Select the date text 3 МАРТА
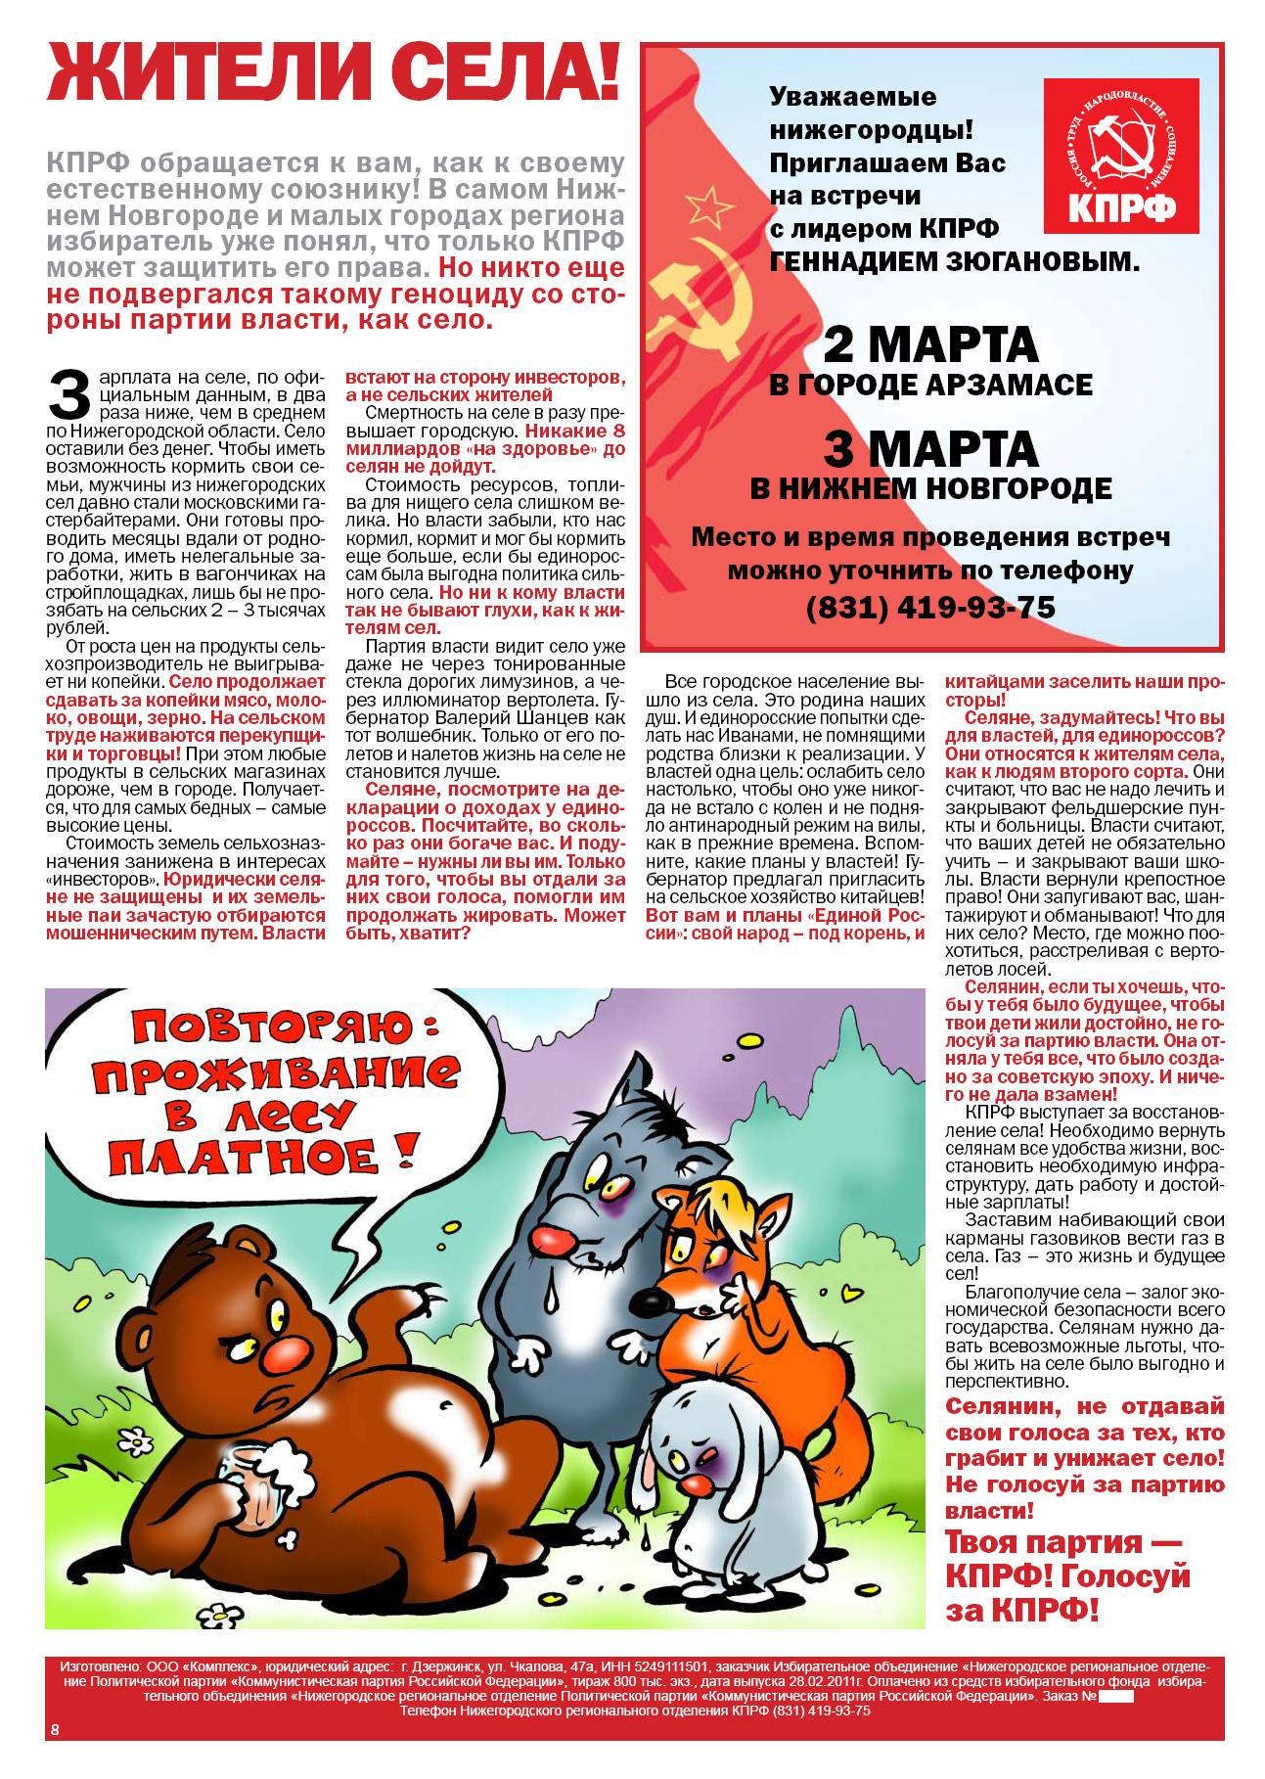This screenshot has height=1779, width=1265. click(929, 449)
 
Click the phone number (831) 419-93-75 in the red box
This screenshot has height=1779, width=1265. click(930, 608)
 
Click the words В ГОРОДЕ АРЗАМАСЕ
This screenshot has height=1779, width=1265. click(929, 385)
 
